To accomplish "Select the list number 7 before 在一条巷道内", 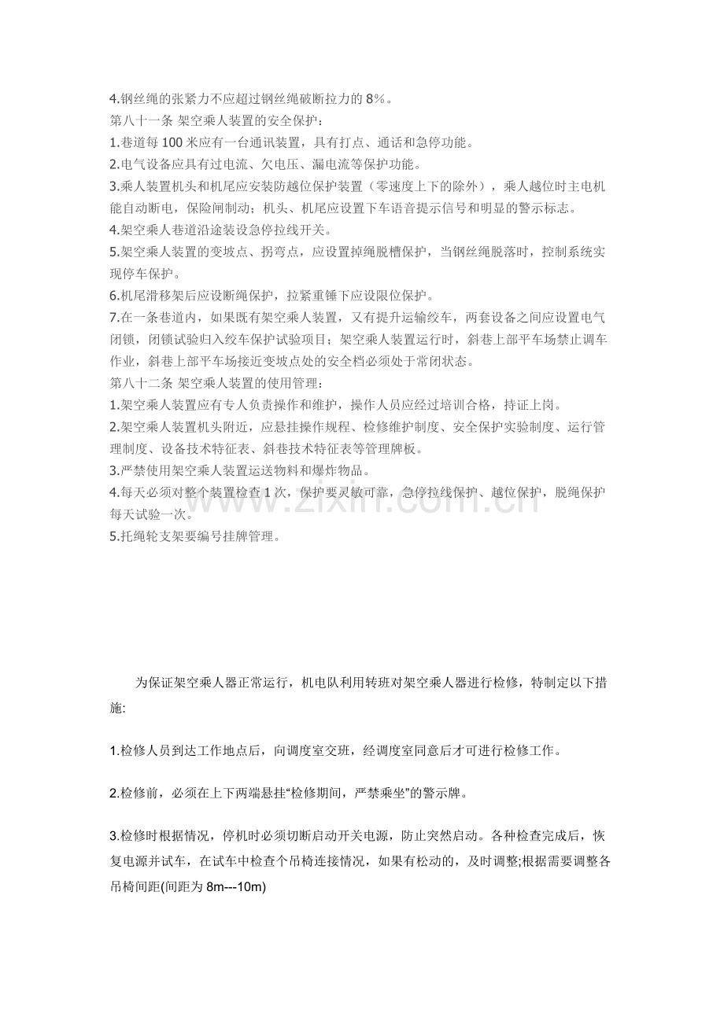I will point(113,318).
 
